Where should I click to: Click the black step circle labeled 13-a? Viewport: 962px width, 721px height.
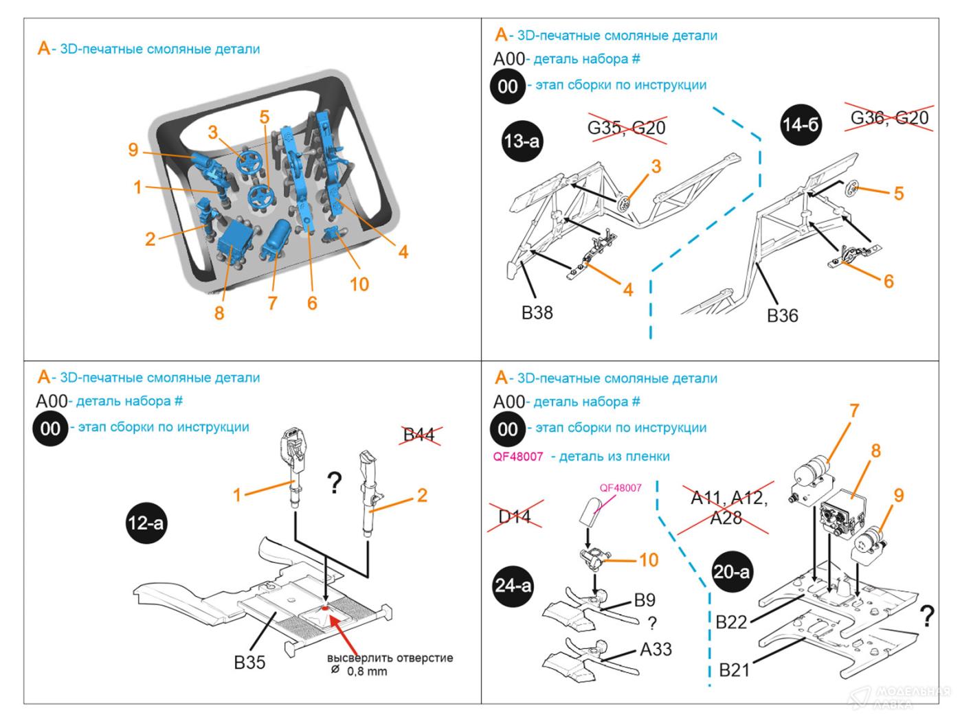point(522,141)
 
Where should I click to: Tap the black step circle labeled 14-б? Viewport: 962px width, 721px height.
point(801,125)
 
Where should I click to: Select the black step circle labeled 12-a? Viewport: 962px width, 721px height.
point(146,523)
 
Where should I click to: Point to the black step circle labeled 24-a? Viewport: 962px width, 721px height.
point(513,586)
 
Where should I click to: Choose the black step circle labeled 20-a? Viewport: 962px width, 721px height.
point(732,571)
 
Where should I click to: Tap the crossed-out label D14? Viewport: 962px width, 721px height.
point(515,516)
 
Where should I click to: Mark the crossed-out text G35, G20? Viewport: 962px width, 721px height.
point(627,128)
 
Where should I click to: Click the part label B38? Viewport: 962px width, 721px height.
point(537,313)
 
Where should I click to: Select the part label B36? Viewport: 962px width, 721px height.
point(783,316)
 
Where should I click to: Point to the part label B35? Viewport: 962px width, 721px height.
point(249,663)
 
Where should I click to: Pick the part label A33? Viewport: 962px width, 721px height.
point(656,650)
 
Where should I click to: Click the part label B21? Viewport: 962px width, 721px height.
point(734,669)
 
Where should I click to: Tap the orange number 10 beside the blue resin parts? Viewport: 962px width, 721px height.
point(359,284)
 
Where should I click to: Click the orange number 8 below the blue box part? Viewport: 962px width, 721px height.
point(219,313)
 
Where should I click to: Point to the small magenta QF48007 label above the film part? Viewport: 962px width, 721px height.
point(620,488)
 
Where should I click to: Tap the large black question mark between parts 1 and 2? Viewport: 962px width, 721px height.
point(334,484)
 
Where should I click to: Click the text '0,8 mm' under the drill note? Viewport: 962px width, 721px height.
point(367,672)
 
